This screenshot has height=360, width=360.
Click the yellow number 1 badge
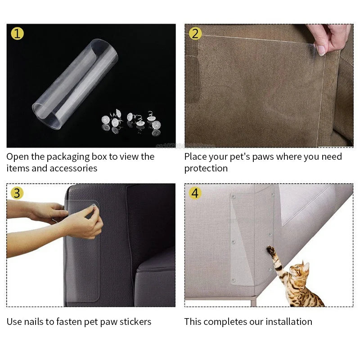17,33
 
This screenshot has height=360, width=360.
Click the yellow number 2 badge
195,33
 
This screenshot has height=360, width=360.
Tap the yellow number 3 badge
17,193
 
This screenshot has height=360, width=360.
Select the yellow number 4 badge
195,193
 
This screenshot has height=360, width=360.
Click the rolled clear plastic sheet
74,85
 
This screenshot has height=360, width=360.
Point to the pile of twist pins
131,121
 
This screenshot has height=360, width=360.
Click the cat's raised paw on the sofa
271,250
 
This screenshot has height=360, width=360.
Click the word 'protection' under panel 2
206,168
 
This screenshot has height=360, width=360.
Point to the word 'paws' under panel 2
262,157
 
